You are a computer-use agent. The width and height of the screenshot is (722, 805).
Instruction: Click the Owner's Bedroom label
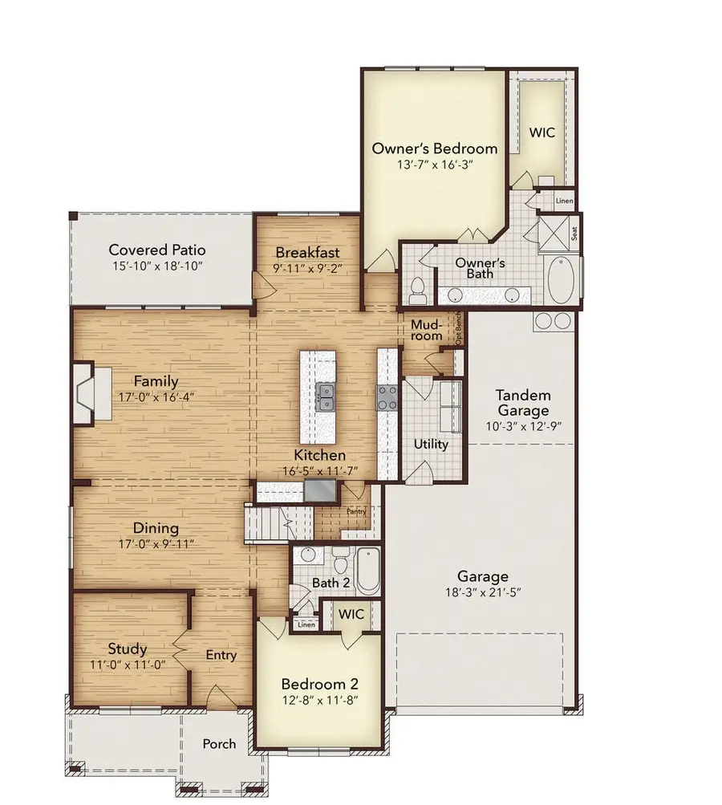(434, 148)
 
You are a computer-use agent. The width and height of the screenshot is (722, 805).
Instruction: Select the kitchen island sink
(326, 397)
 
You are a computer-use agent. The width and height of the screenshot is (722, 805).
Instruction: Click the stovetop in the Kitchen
(387, 396)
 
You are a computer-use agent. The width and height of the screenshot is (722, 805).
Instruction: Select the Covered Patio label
(157, 250)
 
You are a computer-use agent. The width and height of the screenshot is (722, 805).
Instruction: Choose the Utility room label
(431, 444)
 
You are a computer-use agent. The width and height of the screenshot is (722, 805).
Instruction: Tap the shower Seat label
(574, 233)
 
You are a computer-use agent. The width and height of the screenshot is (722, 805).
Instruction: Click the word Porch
(219, 744)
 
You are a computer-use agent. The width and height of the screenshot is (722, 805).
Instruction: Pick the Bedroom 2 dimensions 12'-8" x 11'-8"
(319, 701)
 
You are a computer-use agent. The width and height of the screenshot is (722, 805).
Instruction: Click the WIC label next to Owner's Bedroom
(541, 132)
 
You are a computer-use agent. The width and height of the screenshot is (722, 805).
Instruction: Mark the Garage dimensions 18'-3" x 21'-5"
(483, 593)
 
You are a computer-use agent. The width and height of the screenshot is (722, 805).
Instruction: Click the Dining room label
(156, 529)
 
